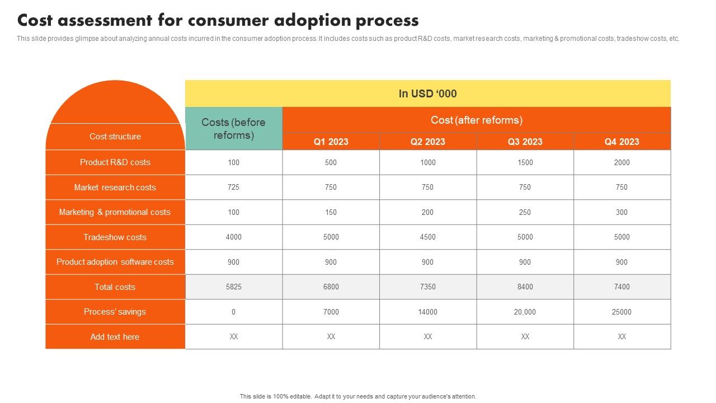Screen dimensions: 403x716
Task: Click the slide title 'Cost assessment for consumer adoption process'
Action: (x=218, y=21)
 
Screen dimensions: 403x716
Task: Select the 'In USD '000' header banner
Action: (x=427, y=93)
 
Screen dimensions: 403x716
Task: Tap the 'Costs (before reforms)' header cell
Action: (x=233, y=129)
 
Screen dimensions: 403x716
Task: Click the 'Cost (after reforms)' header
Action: (x=476, y=120)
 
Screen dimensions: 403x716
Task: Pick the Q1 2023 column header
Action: (x=331, y=142)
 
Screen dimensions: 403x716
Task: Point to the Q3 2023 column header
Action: (x=525, y=142)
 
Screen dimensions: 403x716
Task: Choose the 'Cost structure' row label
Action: (x=115, y=137)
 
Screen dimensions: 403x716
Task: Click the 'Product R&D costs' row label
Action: (x=115, y=162)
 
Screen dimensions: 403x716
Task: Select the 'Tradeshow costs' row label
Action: (x=115, y=237)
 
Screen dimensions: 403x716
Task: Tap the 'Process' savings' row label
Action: (x=115, y=312)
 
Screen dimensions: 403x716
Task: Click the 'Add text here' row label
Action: (x=115, y=337)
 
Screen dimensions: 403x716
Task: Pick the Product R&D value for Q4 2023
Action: (x=621, y=162)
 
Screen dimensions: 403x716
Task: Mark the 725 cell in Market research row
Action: (x=233, y=188)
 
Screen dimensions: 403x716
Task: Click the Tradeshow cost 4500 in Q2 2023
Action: (x=427, y=237)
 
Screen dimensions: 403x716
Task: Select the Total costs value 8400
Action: (x=525, y=287)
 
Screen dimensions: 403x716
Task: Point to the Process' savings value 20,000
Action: (x=525, y=312)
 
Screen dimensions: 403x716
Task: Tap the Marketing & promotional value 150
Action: (x=331, y=212)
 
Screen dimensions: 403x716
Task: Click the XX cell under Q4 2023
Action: (x=621, y=337)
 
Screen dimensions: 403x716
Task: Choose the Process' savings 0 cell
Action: (x=233, y=312)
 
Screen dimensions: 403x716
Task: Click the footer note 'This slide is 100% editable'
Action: (x=358, y=396)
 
